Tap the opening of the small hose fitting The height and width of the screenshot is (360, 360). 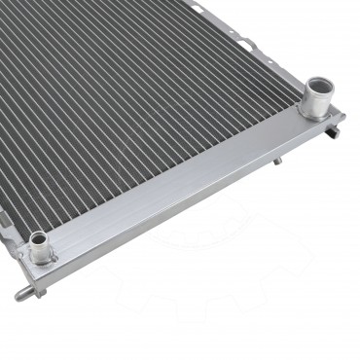(39, 238)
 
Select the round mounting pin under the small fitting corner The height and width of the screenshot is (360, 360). (20, 293)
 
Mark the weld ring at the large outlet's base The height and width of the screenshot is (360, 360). (314, 113)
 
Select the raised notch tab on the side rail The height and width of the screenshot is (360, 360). (248, 43)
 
